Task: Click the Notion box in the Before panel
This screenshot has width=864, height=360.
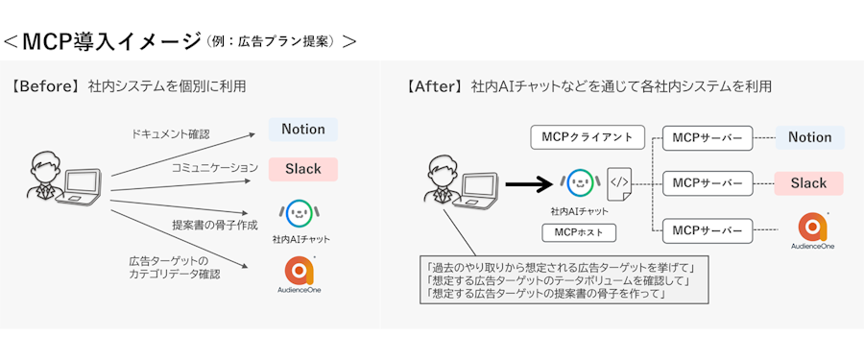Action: (303, 130)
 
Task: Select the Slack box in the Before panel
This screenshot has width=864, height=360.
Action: (303, 169)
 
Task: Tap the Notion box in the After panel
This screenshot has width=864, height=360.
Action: (809, 138)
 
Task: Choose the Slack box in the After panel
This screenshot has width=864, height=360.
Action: (808, 183)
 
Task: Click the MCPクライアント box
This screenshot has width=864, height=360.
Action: (588, 137)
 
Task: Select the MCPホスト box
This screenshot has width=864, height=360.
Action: (579, 232)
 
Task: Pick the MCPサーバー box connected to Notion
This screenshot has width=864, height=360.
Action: (708, 138)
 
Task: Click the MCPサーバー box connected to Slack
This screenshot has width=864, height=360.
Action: (708, 183)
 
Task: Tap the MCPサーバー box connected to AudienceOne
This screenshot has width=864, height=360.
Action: (708, 231)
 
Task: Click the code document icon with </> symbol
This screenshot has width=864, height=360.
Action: (619, 184)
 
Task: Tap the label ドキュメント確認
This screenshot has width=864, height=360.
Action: (170, 134)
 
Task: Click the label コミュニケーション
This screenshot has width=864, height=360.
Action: (215, 168)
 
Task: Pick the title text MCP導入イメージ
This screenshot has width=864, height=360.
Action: (111, 42)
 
